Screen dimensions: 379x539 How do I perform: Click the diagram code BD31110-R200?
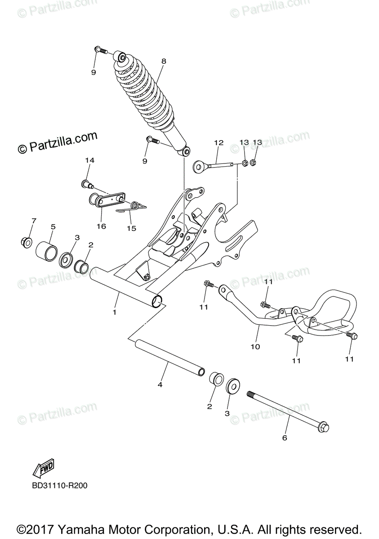pyautogui.click(x=59, y=486)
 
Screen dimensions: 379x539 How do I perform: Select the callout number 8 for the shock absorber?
pyautogui.click(x=164, y=61)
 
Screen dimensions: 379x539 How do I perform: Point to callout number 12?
pyautogui.click(x=218, y=143)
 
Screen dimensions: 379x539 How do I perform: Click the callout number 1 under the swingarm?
pyautogui.click(x=115, y=312)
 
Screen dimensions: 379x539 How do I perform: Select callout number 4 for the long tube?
pyautogui.click(x=160, y=384)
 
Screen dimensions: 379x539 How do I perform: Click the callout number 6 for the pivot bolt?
pyautogui.click(x=284, y=437)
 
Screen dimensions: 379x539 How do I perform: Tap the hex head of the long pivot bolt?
pyautogui.click(x=323, y=428)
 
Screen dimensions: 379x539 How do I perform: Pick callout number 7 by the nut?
pyautogui.click(x=34, y=221)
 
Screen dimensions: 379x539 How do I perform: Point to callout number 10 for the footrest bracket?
pyautogui.click(x=255, y=347)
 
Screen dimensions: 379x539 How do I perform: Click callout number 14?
pyautogui.click(x=89, y=160)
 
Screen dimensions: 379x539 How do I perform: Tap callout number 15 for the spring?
pyautogui.click(x=131, y=229)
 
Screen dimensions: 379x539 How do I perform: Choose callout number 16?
pyautogui.click(x=101, y=226)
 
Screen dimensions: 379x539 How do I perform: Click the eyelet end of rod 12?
pyautogui.click(x=198, y=167)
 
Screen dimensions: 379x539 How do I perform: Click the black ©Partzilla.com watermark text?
pyautogui.click(x=57, y=142)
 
